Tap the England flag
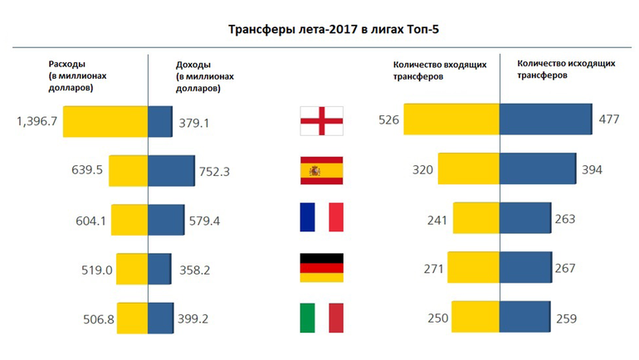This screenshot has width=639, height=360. tap(321, 122)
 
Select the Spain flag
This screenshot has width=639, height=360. tap(321, 171)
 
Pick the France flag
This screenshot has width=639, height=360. tap(321, 219)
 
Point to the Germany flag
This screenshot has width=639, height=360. tap(321, 268)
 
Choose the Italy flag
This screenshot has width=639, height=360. tap(321, 318)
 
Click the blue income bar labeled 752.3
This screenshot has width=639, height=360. tap(170, 171)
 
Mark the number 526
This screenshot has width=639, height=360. tap(389, 121)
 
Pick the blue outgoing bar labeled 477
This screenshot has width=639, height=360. tap(544, 121)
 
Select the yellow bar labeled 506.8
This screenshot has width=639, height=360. tap(132, 318)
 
